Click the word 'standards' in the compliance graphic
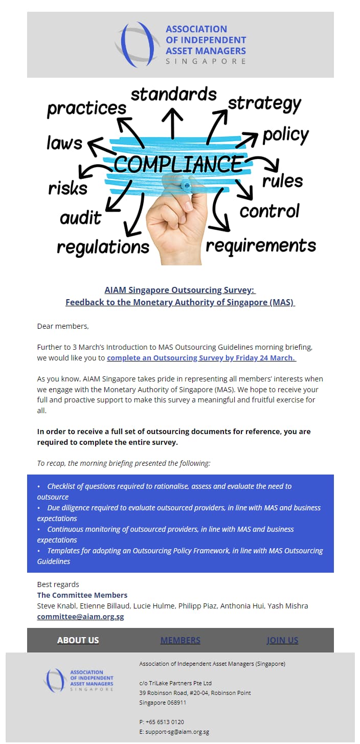click(x=173, y=95)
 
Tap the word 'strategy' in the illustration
click(x=264, y=104)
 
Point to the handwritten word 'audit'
click(x=81, y=218)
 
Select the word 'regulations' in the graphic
click(x=103, y=247)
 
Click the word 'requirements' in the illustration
click(x=260, y=245)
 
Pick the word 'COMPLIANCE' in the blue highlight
click(x=178, y=164)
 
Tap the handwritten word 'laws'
click(x=64, y=143)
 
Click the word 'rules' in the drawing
click(x=282, y=181)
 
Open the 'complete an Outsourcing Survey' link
click(x=201, y=358)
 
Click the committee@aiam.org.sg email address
click(x=80, y=617)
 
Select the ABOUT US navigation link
click(x=78, y=640)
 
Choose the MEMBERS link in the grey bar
click(x=180, y=640)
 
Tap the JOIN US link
click(x=282, y=640)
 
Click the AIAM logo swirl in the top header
click(x=134, y=44)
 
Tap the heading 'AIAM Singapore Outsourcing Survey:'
click(x=180, y=290)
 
